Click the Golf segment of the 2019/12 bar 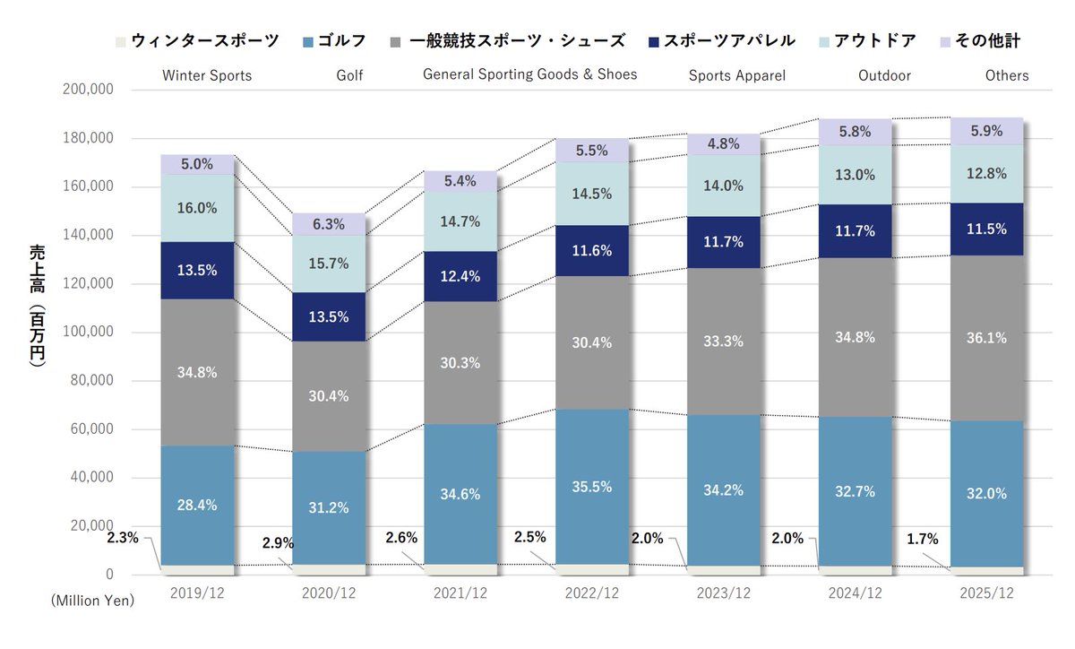coord(197,505)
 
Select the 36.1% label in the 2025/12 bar coord(986,338)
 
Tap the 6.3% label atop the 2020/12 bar coord(329,224)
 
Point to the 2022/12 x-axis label coord(592,593)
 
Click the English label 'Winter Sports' coord(207,76)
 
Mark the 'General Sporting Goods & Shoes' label coord(529,74)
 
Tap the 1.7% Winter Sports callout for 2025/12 coord(922,540)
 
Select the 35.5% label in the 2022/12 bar coord(592,487)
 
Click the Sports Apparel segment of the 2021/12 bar coord(460,276)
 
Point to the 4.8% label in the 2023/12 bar coord(724,144)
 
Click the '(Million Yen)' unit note coord(92,601)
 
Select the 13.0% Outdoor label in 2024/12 coord(856,176)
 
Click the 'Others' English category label coord(1007,76)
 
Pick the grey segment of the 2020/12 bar coord(329,396)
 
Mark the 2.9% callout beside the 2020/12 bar coord(278,543)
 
